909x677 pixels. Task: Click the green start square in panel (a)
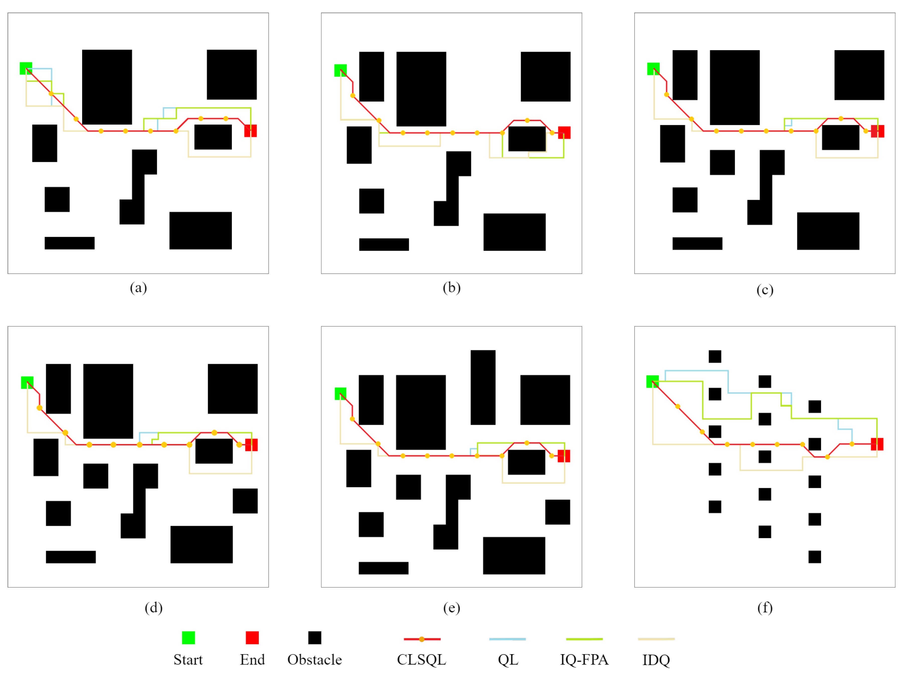[x=26, y=68]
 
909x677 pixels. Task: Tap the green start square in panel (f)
[x=653, y=381]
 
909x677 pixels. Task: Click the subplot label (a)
[x=138, y=288]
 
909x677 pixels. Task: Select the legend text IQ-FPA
[x=584, y=660]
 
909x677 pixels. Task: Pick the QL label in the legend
[x=508, y=660]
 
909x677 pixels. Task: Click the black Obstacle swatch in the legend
[x=315, y=638]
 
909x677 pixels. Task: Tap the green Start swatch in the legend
[x=188, y=638]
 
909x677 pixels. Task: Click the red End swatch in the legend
[x=252, y=638]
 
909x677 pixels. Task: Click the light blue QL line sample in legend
[x=507, y=639]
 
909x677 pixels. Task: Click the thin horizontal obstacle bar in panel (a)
[x=70, y=243]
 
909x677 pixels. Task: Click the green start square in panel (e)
[x=340, y=394]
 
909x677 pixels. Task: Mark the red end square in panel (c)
[x=877, y=131]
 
